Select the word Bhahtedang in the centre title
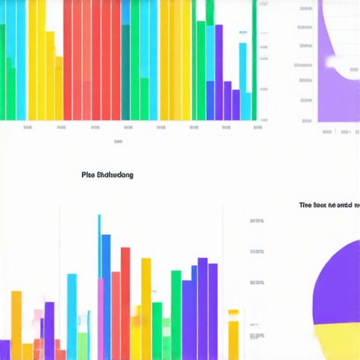point(114,174)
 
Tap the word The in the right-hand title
point(305,205)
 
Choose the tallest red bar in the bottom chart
point(125,302)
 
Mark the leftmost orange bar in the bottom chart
point(16,323)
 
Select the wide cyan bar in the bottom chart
point(72,309)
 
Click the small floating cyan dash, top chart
point(243,32)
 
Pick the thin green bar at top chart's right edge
point(255,60)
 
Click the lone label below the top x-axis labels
point(118,141)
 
